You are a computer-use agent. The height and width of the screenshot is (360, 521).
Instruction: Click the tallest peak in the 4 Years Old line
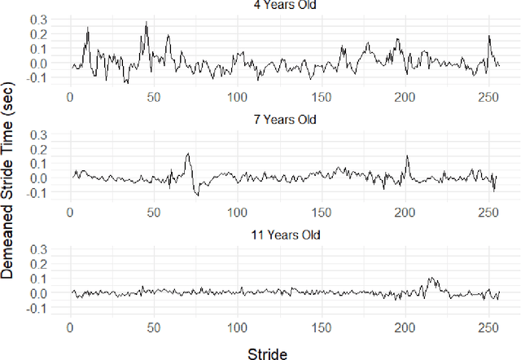point(147,23)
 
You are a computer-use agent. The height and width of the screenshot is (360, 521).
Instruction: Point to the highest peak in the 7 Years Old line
point(188,153)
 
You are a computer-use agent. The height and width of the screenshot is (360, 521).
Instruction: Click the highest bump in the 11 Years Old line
point(431,278)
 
